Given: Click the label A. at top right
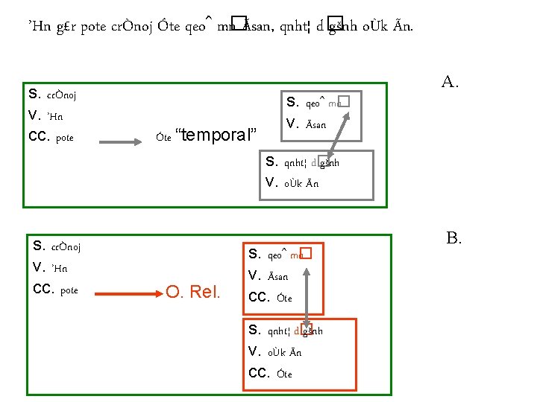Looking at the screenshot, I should [449, 81].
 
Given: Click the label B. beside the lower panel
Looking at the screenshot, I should [454, 238].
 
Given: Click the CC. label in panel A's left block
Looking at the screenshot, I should [38, 136].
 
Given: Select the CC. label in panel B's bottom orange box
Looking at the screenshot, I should [257, 373].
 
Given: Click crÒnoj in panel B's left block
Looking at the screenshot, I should [64, 247].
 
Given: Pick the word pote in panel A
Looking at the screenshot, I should [65, 137].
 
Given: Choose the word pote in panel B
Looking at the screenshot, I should [69, 290].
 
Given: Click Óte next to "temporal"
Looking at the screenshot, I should [164, 136].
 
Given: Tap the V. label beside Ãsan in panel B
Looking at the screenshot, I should [255, 276].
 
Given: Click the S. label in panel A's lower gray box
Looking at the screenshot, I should [272, 162].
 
